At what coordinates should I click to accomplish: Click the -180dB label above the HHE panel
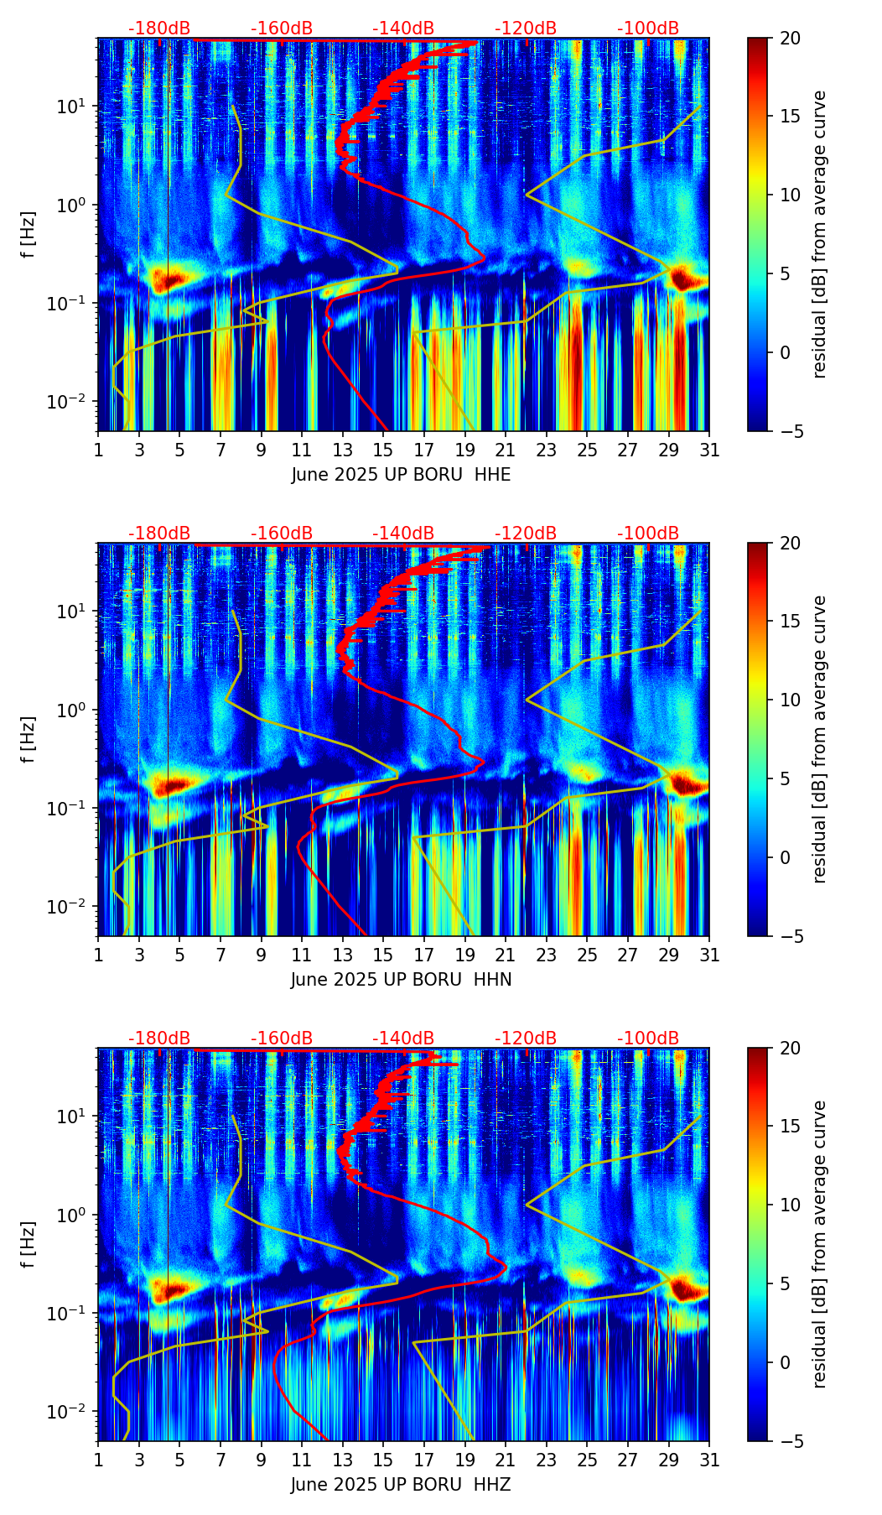click(159, 29)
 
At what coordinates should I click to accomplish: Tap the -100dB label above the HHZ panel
click(648, 1039)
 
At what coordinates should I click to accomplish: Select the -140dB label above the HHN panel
click(403, 534)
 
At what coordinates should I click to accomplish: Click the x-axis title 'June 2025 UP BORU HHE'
click(401, 475)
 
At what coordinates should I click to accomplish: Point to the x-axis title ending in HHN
click(401, 980)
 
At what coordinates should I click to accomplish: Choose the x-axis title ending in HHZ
click(401, 1485)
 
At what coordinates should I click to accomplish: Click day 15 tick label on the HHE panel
click(383, 450)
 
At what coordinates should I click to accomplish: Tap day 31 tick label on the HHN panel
click(709, 955)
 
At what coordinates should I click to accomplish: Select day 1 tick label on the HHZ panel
click(98, 1460)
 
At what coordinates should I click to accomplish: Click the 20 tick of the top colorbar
click(790, 38)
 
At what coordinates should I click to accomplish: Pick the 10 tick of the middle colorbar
click(790, 700)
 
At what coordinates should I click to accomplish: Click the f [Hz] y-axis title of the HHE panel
click(29, 235)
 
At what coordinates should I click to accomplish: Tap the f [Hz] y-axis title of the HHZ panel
click(29, 1245)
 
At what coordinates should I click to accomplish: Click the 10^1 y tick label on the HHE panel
click(70, 107)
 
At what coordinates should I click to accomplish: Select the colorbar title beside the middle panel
click(819, 739)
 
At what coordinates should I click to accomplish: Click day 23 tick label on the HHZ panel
click(547, 1460)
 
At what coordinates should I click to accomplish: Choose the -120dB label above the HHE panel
click(526, 29)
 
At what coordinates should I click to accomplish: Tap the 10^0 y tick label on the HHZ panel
click(70, 1215)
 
